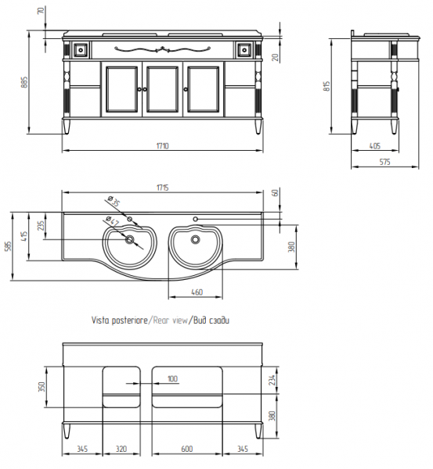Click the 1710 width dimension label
coord(163,145)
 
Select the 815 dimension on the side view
coord(327,86)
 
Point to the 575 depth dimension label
coord(384,162)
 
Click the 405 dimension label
coord(375,145)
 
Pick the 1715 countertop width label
coord(163,188)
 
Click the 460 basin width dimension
coord(197,292)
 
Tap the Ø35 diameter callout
coord(114,202)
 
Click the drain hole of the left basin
coord(130,239)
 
